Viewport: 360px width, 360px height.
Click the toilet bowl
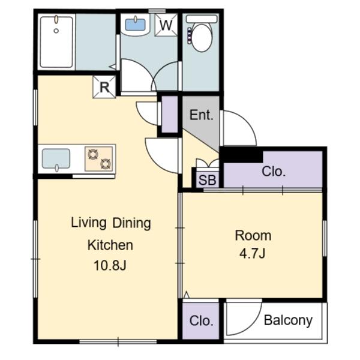202,37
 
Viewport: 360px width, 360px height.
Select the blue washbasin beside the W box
135,25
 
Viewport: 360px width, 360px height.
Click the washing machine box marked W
166,25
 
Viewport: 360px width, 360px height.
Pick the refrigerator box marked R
104,87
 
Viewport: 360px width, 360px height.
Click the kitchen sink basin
56,158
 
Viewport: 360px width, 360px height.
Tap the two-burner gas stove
99,159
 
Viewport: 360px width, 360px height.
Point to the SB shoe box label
207,180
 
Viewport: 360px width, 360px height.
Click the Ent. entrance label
202,115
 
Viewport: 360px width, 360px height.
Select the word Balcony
288,320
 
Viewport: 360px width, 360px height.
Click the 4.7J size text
253,253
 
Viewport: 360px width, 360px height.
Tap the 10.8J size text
110,266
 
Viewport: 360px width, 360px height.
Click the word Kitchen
110,245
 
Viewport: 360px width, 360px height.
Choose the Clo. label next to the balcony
202,321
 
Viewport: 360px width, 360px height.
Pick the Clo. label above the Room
274,172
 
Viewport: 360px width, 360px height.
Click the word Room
253,236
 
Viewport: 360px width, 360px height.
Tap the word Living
88,223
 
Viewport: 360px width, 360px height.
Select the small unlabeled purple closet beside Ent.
170,114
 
